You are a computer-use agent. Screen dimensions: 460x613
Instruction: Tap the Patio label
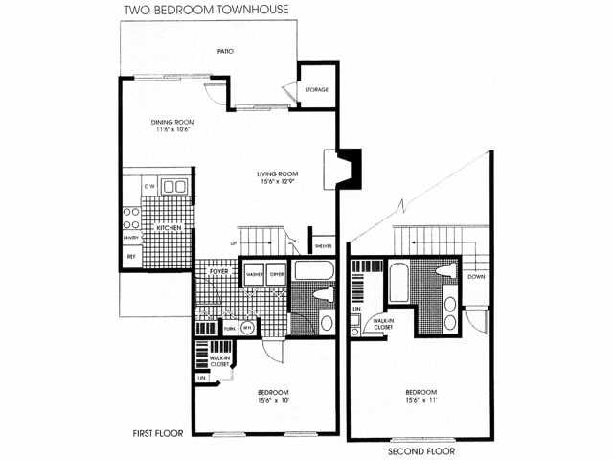coord(225,51)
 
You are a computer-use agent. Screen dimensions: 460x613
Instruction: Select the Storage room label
coord(316,90)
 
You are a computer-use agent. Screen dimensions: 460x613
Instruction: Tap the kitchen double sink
coord(173,186)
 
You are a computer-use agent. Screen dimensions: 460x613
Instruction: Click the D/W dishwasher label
coord(149,186)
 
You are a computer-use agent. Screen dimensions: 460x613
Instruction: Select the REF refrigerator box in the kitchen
coord(130,257)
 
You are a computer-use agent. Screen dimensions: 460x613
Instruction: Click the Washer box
coord(254,274)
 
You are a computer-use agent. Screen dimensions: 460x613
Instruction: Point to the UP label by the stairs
coord(233,243)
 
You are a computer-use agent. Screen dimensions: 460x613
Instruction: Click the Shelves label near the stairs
coord(323,243)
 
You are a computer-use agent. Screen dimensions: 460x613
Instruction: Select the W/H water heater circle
coord(247,327)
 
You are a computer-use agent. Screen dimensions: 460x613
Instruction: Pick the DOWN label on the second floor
coord(476,277)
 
